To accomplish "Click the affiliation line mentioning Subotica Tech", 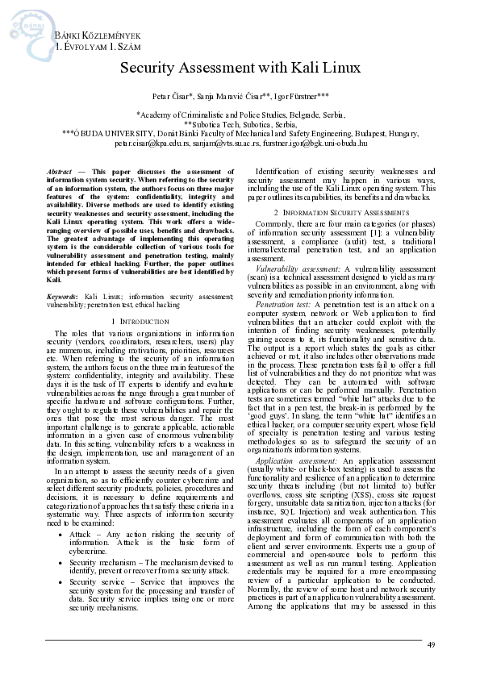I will (x=240, y=124).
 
